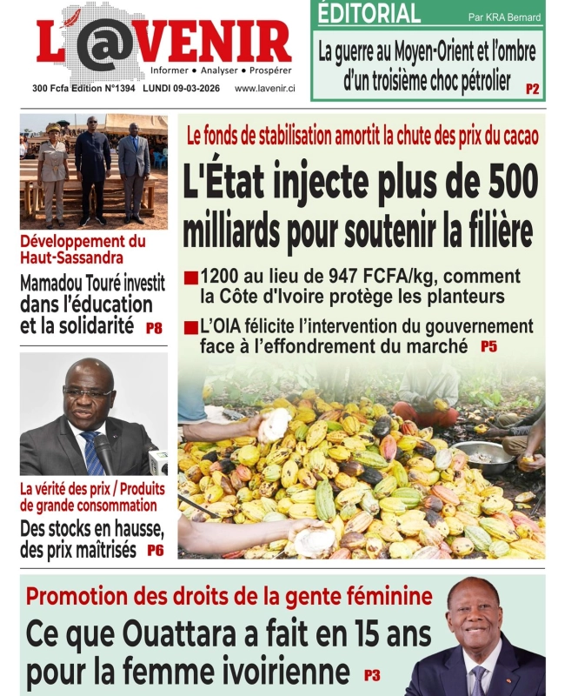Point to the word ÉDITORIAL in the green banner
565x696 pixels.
[369, 15]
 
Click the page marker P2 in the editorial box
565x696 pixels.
[532, 89]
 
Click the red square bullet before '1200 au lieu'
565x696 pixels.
[189, 279]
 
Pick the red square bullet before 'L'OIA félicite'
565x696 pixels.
[189, 329]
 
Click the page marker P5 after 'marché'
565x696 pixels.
[489, 346]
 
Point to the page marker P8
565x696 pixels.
[154, 329]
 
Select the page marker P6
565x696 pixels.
[155, 550]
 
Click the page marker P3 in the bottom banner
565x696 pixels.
[372, 673]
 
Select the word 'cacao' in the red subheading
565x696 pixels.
[517, 136]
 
